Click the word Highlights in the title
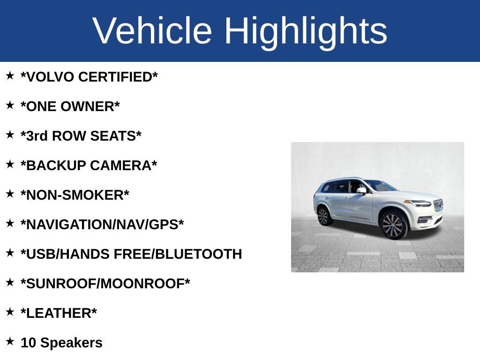coord(306,31)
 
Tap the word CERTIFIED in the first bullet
coord(118,77)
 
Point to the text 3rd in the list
coord(36,136)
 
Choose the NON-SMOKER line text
coord(75,195)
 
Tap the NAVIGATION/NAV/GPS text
coord(102,225)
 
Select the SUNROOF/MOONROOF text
coord(105,284)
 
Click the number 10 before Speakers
coord(28,343)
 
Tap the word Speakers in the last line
coord(71,343)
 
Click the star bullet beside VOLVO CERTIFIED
coord(10,75)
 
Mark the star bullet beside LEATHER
coord(10,311)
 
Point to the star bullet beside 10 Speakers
coord(10,341)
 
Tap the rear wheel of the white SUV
coord(323,216)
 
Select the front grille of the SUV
coord(438,206)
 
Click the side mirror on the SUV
coord(361,190)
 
